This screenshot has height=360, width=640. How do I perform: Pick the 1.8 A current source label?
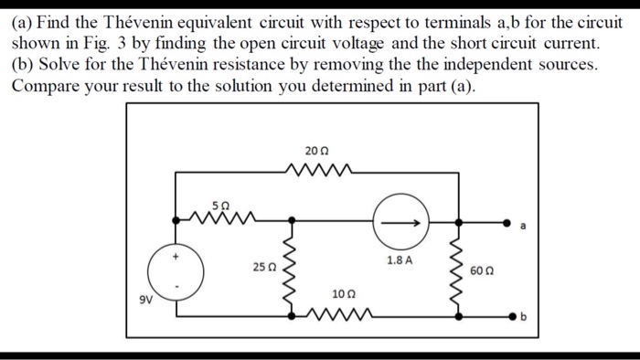(x=400, y=260)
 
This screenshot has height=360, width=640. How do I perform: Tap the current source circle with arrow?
(x=400, y=222)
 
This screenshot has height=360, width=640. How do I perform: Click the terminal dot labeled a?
(x=507, y=222)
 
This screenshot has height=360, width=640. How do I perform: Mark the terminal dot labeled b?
(x=507, y=316)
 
